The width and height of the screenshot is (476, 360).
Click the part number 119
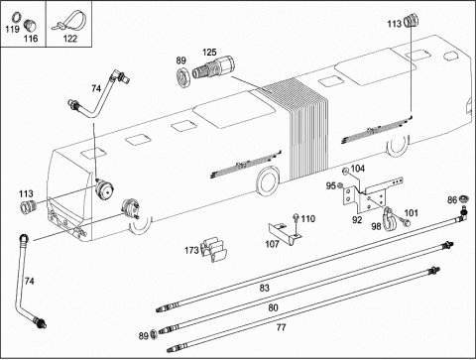[x=12, y=30]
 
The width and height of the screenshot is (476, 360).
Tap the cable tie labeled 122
[x=69, y=22]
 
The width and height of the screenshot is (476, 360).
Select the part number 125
[x=209, y=53]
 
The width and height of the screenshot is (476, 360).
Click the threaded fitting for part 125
[x=213, y=67]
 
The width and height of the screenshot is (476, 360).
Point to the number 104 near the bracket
[x=357, y=169]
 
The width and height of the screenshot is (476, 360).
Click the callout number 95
[x=330, y=185]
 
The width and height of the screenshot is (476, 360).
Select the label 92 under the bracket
[x=357, y=220]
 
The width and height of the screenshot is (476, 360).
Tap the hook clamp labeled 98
[x=389, y=218]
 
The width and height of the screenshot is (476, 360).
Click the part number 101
[x=412, y=213]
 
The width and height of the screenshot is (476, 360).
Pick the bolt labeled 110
[x=296, y=223]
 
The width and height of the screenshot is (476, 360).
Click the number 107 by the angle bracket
[x=272, y=244]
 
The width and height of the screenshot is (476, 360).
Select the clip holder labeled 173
[x=214, y=250]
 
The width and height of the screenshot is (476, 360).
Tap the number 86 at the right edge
[x=452, y=200]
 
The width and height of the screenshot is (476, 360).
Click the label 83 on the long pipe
[x=264, y=288]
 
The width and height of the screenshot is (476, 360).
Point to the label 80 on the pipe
[x=273, y=307]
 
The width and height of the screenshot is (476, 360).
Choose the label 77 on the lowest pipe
[x=281, y=327]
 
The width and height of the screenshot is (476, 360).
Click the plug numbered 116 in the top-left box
[x=30, y=25]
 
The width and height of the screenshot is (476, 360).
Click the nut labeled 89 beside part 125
[x=182, y=77]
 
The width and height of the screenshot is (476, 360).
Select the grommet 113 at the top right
[x=412, y=20]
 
